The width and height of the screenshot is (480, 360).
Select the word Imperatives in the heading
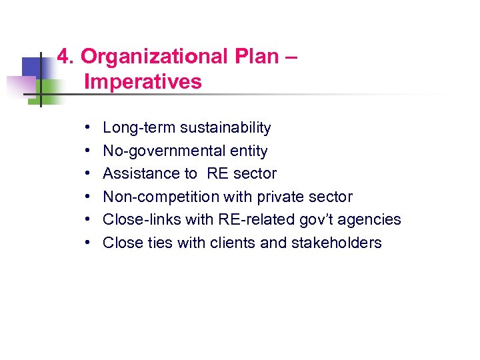tap(143, 82)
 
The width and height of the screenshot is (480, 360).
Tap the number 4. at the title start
tap(65, 57)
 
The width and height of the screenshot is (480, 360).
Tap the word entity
tap(246, 151)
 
